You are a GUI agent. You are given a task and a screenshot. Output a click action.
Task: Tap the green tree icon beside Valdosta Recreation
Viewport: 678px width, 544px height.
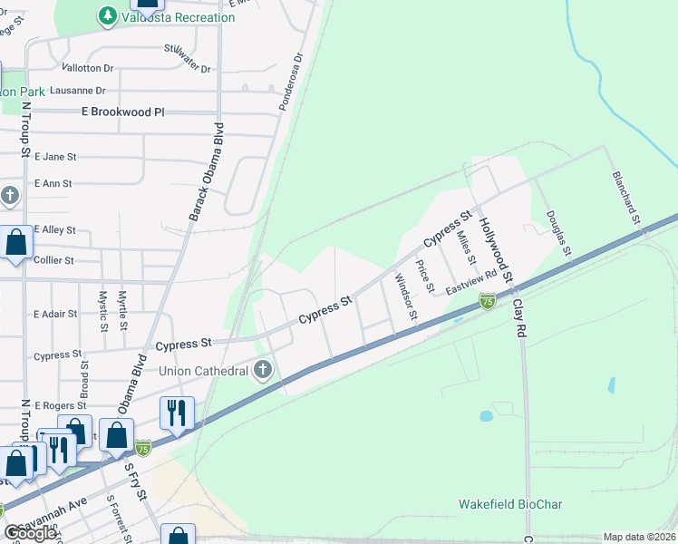[x=108, y=16]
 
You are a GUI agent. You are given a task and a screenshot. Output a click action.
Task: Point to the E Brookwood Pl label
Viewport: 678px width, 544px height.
[x=111, y=112]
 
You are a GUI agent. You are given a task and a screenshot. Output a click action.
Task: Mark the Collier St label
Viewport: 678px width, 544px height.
[x=53, y=260]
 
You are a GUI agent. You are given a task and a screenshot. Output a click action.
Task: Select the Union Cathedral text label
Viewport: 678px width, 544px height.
[x=204, y=370]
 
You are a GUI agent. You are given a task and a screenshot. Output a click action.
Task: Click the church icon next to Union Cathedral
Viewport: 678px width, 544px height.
[x=263, y=370]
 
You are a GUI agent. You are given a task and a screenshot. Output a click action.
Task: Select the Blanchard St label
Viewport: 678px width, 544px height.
[x=626, y=198]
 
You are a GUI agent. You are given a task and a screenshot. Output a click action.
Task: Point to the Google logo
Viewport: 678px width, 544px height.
[x=31, y=533]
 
